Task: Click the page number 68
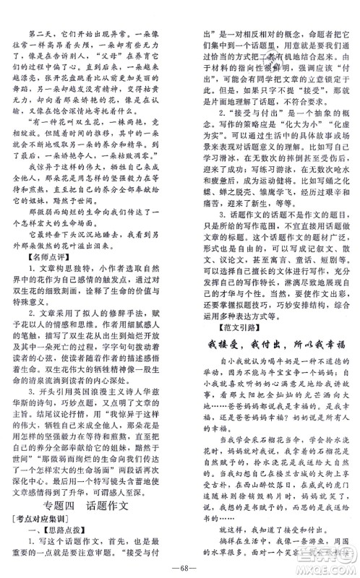[179, 562]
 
